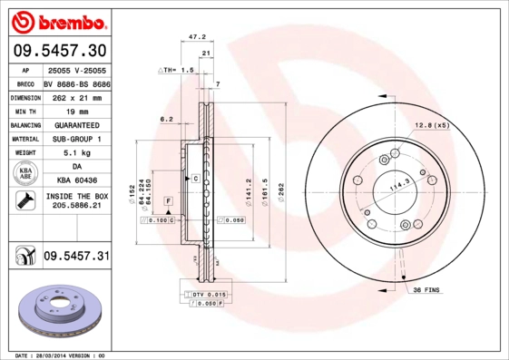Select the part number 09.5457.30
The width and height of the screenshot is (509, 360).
(x=56, y=50)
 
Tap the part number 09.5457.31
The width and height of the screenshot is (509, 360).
(x=76, y=257)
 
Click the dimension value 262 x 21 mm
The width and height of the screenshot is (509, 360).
(x=75, y=97)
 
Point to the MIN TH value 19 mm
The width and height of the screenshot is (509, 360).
(x=75, y=111)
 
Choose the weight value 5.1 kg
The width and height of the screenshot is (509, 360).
(x=75, y=153)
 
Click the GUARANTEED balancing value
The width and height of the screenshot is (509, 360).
(x=75, y=125)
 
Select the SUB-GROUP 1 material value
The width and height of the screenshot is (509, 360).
(x=75, y=140)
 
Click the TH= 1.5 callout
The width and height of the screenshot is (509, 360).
(x=178, y=70)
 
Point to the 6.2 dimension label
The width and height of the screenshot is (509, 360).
(x=166, y=119)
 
